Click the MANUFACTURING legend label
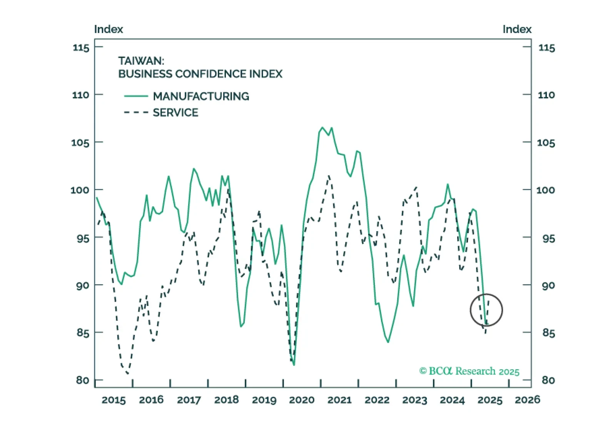coord(201,96)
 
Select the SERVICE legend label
coord(175,113)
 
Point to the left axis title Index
coord(109,29)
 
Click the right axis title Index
coord(517,29)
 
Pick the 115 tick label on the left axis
coord(81,48)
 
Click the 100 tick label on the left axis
coord(80,190)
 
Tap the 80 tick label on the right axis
coord(548,380)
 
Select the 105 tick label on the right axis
coord(546,143)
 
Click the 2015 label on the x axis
coord(114,400)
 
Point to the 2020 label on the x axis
coord(302,400)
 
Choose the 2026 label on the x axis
coord(527,400)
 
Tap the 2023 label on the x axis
coord(414,400)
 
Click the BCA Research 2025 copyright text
coord(469,371)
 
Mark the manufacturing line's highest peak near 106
coord(323,128)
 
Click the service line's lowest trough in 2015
coord(127,373)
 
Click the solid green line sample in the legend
coord(136,96)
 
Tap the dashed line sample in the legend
coord(136,113)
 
